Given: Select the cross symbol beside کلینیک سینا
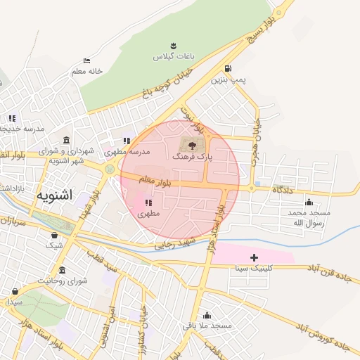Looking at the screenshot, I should pyautogui.click(x=254, y=258).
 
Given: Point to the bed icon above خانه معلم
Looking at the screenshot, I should pyautogui.click(x=86, y=61).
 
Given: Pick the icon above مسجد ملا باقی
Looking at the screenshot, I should pyautogui.click(x=206, y=315).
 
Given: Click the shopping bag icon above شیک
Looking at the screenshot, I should pyautogui.click(x=54, y=236).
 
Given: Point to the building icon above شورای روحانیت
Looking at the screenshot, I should pyautogui.click(x=63, y=270).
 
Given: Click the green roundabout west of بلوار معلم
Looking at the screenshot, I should pyautogui.click(x=110, y=169).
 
